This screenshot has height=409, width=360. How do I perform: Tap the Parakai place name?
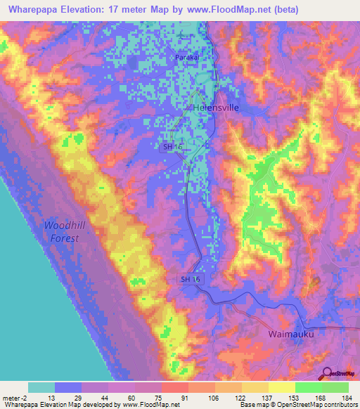187,58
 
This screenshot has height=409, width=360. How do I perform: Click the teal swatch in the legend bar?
41,387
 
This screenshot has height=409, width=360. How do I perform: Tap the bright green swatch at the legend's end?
335,387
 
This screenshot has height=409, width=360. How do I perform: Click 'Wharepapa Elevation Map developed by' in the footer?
51,405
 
